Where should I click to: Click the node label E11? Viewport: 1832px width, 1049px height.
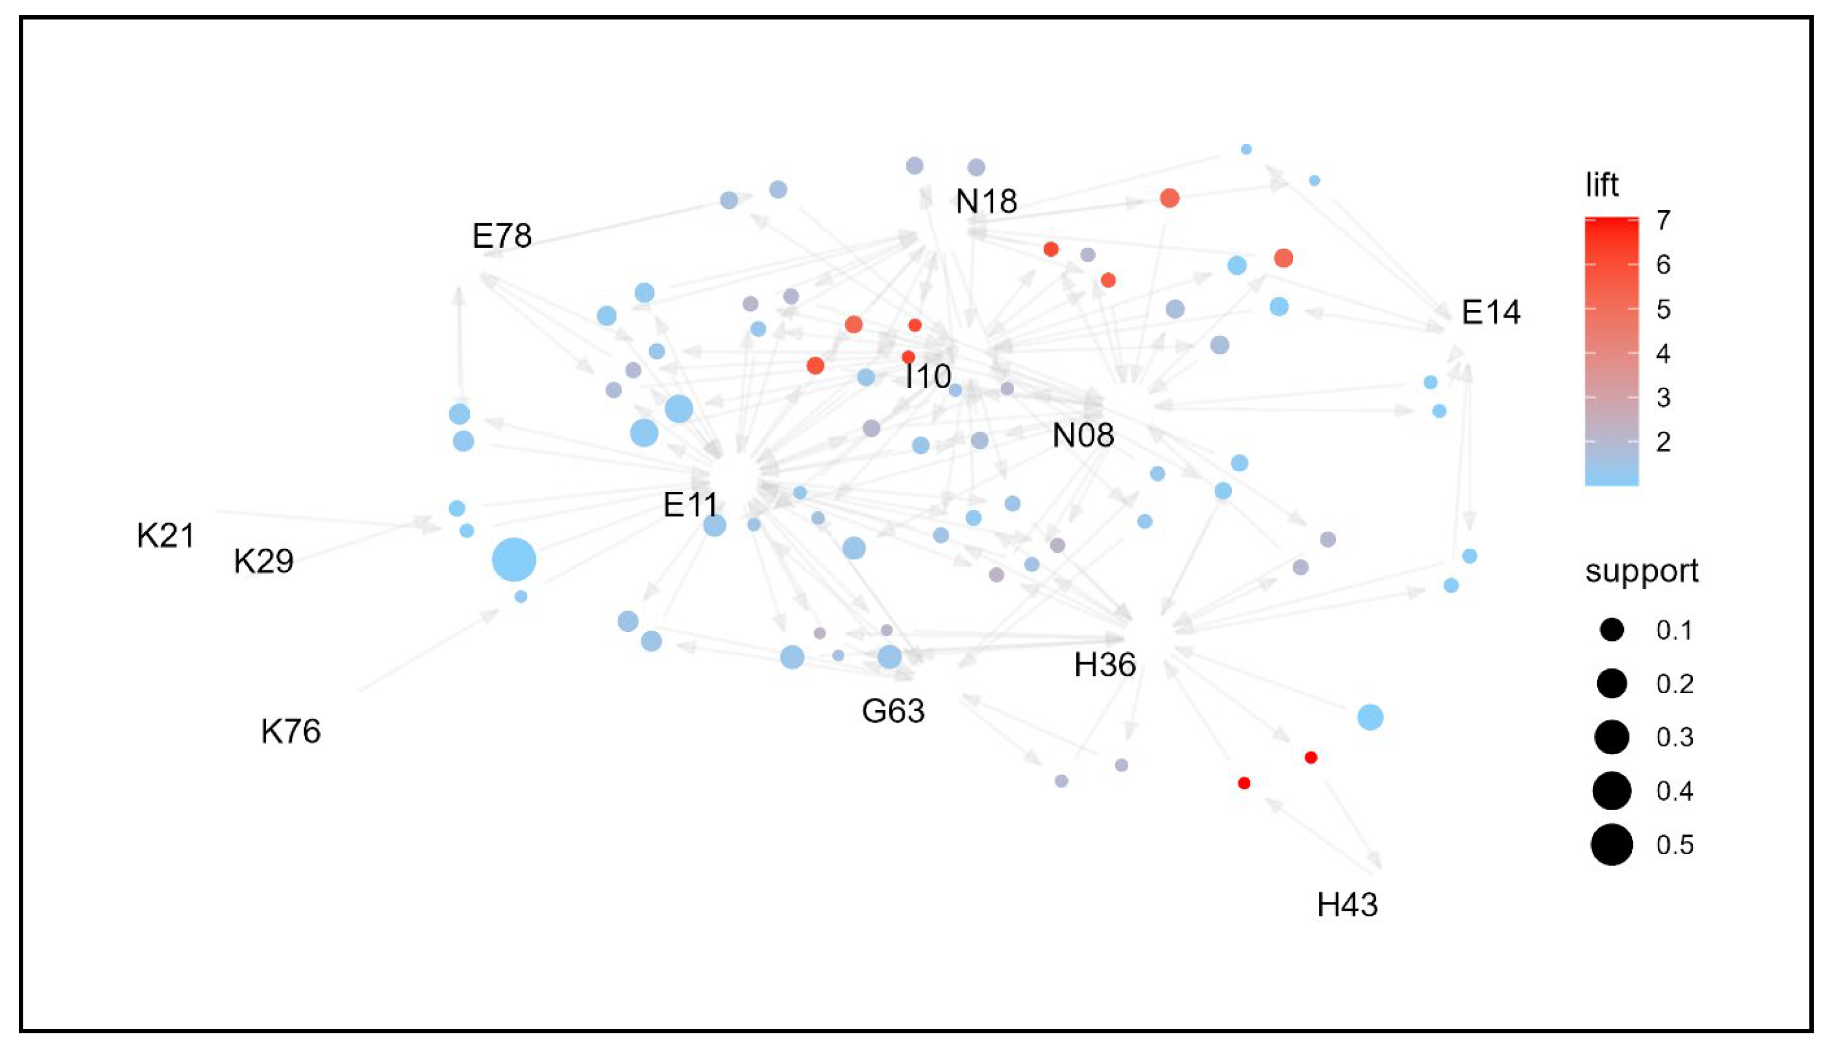click(x=690, y=504)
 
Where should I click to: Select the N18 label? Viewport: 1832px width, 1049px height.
click(x=986, y=202)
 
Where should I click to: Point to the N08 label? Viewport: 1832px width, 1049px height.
click(x=1083, y=435)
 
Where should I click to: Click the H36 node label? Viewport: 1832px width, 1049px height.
click(x=1104, y=664)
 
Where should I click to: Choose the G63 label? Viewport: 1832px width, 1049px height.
click(x=892, y=711)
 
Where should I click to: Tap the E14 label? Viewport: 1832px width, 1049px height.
click(x=1491, y=313)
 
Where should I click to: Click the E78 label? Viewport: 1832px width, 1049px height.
click(x=501, y=236)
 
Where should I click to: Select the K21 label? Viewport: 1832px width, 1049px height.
click(x=165, y=536)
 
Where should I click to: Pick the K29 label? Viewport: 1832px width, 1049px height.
click(x=264, y=561)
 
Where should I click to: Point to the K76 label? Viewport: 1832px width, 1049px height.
click(x=291, y=731)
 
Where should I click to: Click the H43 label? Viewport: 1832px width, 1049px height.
click(x=1347, y=905)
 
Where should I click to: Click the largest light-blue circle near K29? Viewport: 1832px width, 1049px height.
click(x=514, y=560)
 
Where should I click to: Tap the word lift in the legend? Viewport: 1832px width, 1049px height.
click(x=1601, y=186)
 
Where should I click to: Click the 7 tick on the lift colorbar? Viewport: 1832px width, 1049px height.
click(x=1663, y=219)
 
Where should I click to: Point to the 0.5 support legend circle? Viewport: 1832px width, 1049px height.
click(x=1611, y=845)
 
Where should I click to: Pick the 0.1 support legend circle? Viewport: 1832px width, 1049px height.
click(x=1611, y=630)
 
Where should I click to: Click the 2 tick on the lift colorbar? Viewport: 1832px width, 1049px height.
click(x=1663, y=441)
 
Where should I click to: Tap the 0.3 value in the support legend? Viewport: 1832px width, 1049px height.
click(x=1674, y=737)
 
